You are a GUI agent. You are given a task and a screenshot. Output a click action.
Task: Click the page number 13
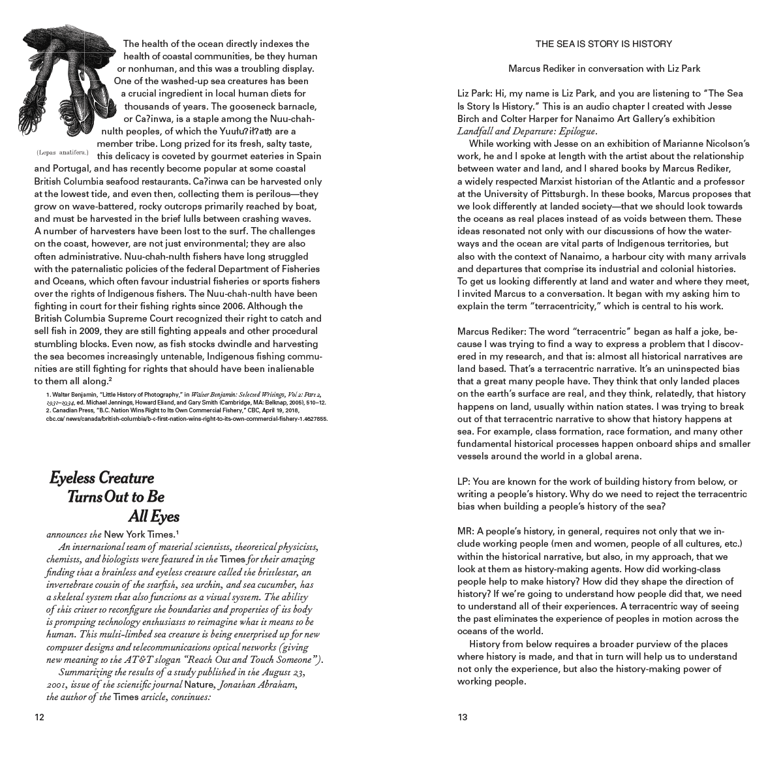[463, 718]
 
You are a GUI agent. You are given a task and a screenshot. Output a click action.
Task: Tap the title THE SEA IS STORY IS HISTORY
[604, 44]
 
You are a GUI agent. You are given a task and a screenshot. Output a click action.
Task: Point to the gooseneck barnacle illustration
[66, 78]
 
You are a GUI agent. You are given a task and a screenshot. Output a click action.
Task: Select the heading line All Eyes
[153, 517]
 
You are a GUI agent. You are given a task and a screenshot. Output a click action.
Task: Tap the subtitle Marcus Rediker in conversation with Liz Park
[604, 68]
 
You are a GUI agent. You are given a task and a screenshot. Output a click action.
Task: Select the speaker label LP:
[464, 482]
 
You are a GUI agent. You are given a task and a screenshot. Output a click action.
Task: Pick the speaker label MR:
[465, 531]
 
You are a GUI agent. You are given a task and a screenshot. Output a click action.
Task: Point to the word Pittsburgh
[558, 194]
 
